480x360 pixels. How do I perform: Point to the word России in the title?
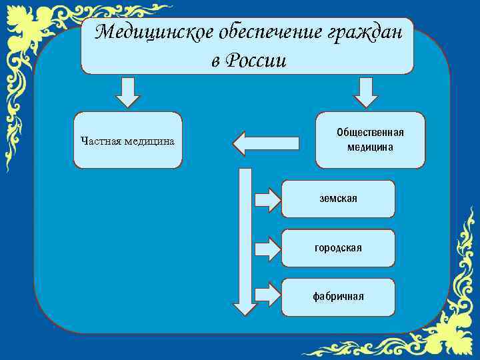(257, 61)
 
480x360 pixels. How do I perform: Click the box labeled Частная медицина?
(127, 140)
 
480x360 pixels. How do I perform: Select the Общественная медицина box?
(370, 140)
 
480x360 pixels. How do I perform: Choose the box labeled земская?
(338, 199)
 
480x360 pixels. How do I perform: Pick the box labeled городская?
(338, 248)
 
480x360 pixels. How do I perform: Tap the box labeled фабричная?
(338, 297)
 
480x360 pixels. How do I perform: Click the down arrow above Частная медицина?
(127, 92)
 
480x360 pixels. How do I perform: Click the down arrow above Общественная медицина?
(365, 92)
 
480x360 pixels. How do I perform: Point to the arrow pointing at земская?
(267, 199)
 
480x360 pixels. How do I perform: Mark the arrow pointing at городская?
(267, 249)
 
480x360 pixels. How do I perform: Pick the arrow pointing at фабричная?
(267, 294)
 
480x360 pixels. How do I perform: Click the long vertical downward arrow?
(245, 240)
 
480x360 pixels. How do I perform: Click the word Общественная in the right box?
(370, 133)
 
